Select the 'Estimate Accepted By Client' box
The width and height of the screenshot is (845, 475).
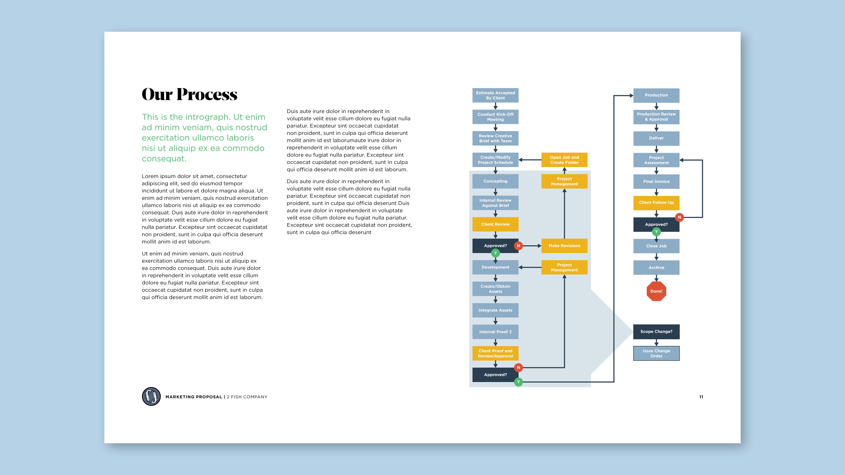point(495,95)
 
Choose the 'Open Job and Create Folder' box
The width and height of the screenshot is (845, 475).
point(564,160)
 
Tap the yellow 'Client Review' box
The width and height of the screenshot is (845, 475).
point(495,224)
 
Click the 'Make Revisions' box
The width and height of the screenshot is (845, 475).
point(564,246)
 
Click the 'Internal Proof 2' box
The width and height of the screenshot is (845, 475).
point(495,332)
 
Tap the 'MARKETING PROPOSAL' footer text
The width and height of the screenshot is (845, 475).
point(194,397)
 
